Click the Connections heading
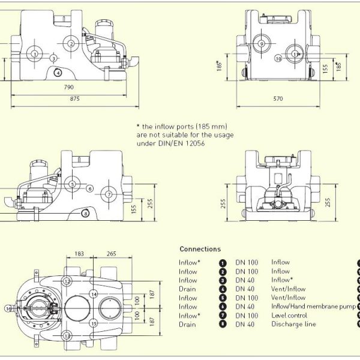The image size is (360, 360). [200, 249]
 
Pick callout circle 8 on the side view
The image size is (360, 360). [85, 213]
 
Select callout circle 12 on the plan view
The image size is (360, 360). [68, 281]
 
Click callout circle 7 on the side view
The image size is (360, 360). [109, 194]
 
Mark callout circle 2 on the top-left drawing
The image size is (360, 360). [71, 43]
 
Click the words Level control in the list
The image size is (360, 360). [290, 316]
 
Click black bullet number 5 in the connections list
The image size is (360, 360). [222, 298]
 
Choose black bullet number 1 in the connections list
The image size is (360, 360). [222, 262]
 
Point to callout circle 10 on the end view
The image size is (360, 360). [278, 58]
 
